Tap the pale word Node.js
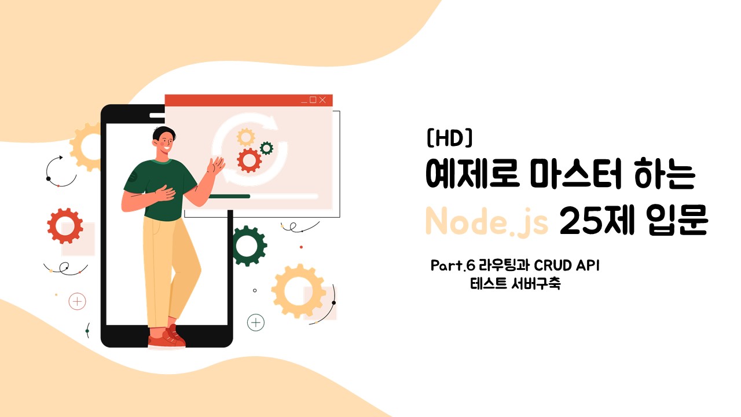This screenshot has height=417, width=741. point(486,221)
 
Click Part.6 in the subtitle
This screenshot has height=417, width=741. point(453,265)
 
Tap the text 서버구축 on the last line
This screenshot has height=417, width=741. point(536,284)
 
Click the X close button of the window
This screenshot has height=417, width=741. point(322,100)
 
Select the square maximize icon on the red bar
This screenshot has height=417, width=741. point(313,99)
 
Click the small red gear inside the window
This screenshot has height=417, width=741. point(249,160)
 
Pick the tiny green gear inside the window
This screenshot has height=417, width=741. point(266,148)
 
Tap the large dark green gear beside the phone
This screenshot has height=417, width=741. point(248,246)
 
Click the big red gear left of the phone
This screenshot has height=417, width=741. point(65,226)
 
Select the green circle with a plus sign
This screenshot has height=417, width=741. point(256,323)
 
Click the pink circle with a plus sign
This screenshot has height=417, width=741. point(77,302)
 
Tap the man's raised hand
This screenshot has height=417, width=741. point(216,165)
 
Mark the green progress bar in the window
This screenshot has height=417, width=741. point(229,196)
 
